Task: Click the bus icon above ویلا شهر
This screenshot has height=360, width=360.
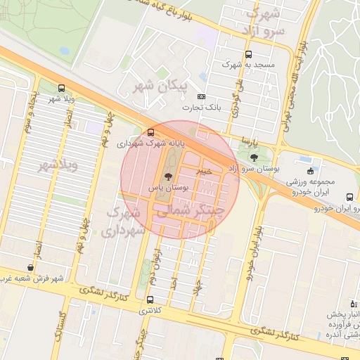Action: point(62,89)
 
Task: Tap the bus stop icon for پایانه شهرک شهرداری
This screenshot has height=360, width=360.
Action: point(150,132)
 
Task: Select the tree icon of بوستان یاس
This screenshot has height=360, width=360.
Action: point(167,176)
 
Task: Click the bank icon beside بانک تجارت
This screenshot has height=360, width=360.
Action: point(202,97)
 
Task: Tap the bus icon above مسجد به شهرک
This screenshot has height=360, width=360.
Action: point(247,54)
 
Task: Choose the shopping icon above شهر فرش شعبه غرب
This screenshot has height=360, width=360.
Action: point(30,267)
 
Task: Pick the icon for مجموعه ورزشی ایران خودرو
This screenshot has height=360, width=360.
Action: point(310,170)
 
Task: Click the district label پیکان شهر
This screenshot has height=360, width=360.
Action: point(162,86)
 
